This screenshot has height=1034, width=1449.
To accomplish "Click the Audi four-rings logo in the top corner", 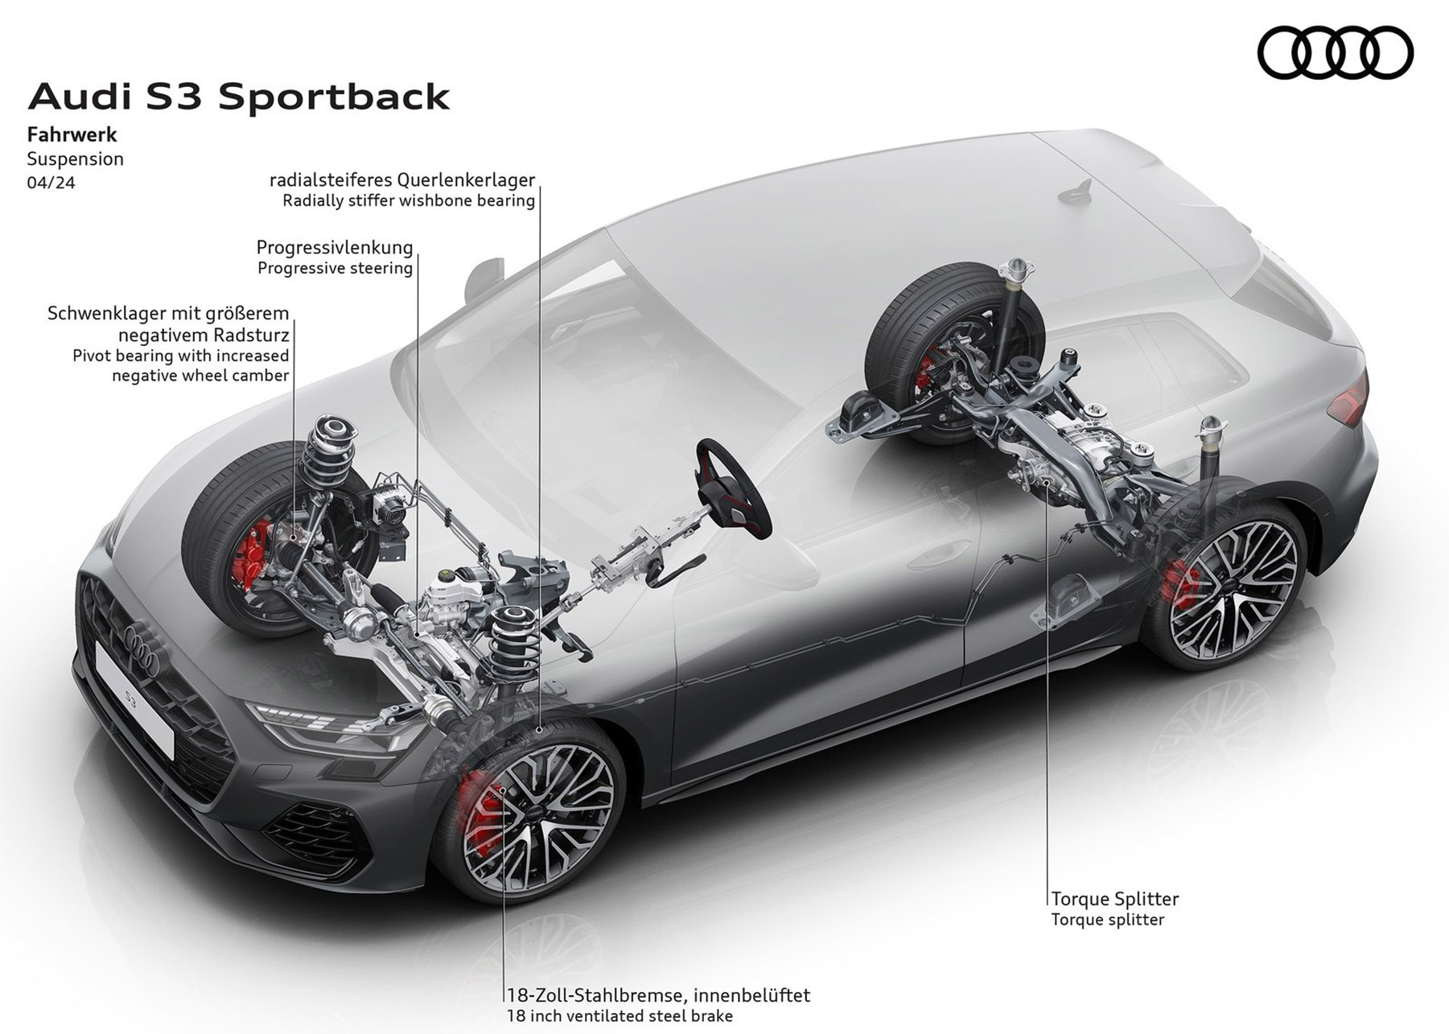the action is point(1335,53).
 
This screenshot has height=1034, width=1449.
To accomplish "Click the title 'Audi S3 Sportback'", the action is point(239,97).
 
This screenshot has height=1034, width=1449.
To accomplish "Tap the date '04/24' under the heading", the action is point(51,183).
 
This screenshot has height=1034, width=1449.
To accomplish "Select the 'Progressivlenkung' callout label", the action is point(335,247).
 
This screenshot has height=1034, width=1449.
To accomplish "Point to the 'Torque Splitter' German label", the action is point(1115,899).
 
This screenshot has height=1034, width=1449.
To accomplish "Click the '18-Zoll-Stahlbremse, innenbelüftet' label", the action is point(658,995).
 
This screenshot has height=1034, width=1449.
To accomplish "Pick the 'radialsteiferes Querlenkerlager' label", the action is point(402,180).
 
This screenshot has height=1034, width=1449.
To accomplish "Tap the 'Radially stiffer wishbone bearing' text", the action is point(409,200).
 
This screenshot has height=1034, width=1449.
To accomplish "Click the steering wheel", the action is point(734,487).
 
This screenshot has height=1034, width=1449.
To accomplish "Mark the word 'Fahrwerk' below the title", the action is point(72,134).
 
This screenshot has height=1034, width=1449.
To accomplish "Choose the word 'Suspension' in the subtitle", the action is point(76,159).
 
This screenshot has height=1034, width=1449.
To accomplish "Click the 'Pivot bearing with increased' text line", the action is point(181,356).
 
